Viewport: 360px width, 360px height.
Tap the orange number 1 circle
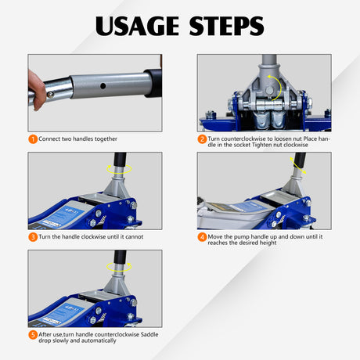point(33,139)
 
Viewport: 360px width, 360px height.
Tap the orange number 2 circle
point(202,139)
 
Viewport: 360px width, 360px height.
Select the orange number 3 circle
point(33,236)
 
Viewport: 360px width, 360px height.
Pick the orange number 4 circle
point(202,236)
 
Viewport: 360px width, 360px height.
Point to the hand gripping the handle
point(37,88)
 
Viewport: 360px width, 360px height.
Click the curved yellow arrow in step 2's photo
point(272,84)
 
